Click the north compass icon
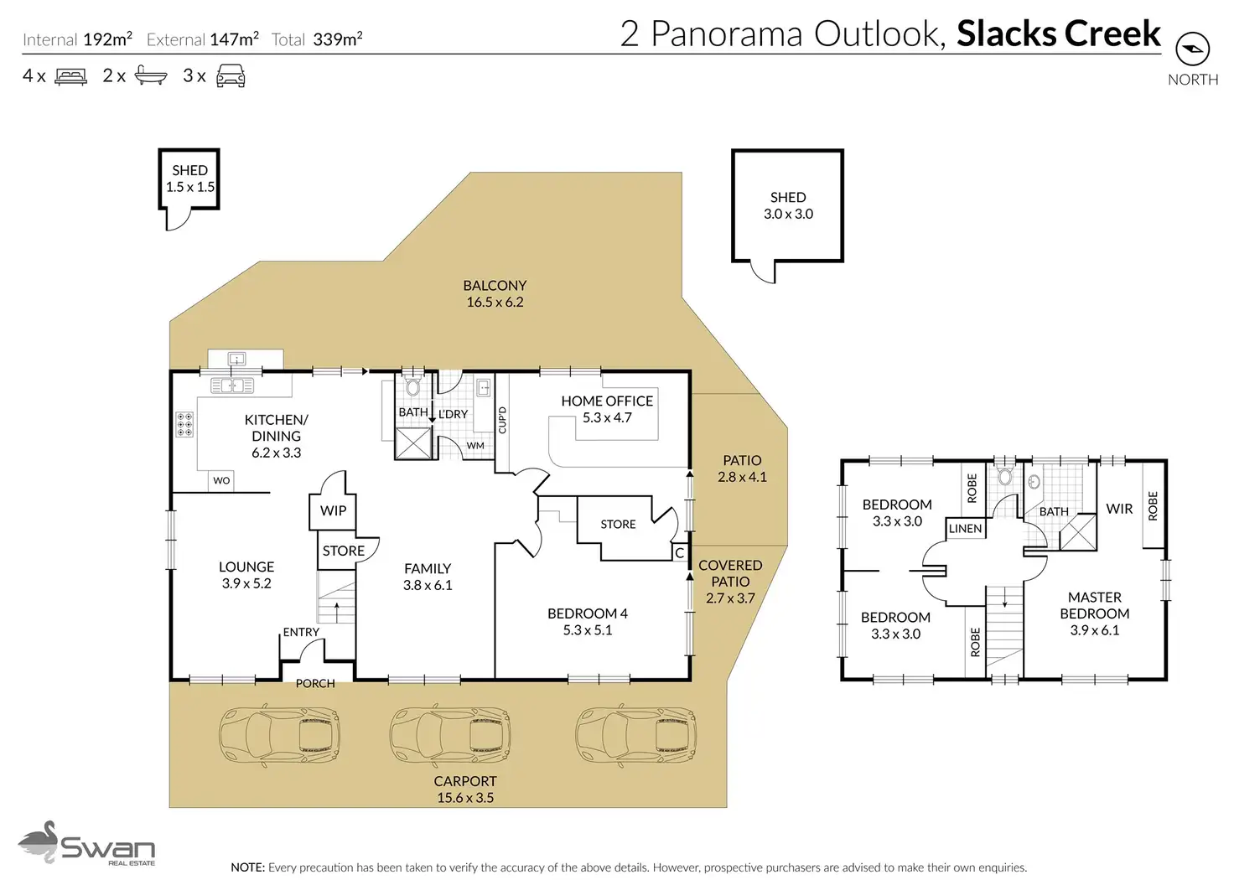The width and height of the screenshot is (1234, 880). (x=1192, y=49)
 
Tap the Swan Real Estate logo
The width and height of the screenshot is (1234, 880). (x=86, y=843)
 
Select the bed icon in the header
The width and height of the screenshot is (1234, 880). (x=70, y=76)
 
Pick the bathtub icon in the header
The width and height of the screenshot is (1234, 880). (x=151, y=75)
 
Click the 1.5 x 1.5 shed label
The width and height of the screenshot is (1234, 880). (x=190, y=179)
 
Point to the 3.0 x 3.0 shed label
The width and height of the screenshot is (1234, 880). (x=788, y=205)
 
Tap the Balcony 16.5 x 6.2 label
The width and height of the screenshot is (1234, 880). (x=495, y=293)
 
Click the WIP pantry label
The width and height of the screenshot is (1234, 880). (x=334, y=510)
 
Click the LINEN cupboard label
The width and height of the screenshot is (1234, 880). (x=965, y=529)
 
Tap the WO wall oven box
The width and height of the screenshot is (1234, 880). (x=221, y=480)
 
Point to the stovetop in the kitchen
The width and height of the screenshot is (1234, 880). (x=184, y=425)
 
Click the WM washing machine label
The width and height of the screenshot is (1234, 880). (x=475, y=446)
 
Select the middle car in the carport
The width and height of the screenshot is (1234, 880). (x=450, y=734)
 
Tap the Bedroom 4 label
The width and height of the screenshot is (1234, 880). (x=588, y=622)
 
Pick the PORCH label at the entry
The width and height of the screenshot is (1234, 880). (x=315, y=683)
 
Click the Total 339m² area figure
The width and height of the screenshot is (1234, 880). (x=317, y=39)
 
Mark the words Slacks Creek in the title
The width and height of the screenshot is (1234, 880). (x=1059, y=34)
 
